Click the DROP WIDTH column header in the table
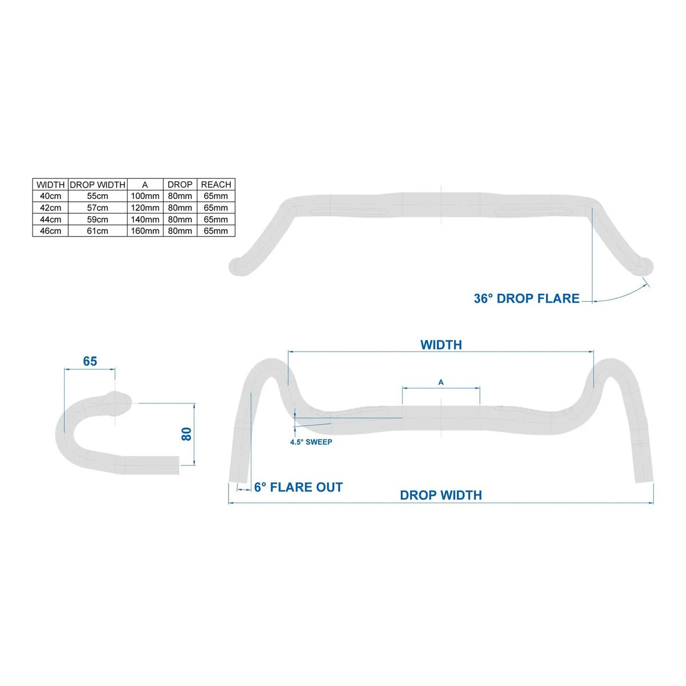coord(98,185)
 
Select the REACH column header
coord(216,185)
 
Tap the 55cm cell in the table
coord(98,196)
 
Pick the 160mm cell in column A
coord(145,231)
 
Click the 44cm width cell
coord(50,220)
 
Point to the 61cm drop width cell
coord(98,231)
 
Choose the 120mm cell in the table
coord(145,208)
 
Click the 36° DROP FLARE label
coord(527,298)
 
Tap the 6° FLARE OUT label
coord(298,487)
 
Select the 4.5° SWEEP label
coord(311,442)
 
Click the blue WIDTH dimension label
coord(441,345)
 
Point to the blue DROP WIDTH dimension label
coord(441,495)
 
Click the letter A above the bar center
coord(441,382)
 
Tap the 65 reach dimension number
coord(90,361)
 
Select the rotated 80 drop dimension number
coord(186,434)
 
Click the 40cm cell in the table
coord(50,196)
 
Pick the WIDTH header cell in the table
coord(50,185)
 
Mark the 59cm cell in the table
coord(98,220)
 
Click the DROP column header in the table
coord(180,185)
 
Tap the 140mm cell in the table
coord(145,220)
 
